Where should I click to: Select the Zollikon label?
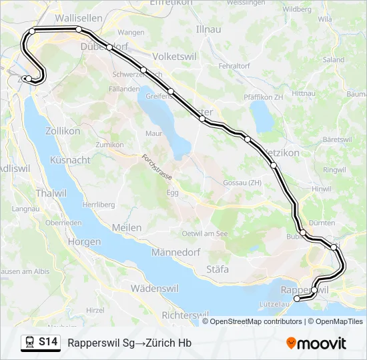coord(63,131)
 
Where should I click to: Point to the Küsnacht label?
coord(70,160)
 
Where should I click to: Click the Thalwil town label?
coord(32,192)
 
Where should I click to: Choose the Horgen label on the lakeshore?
coord(84,243)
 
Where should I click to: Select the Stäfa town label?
coord(218,269)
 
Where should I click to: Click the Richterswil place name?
coord(186,314)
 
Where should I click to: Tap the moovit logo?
coord(316,343)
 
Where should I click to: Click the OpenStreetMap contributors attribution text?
coord(256,321)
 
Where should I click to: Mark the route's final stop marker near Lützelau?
coord(297,299)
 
